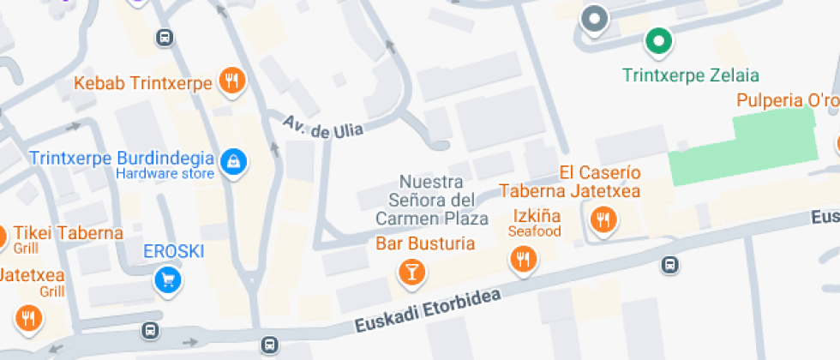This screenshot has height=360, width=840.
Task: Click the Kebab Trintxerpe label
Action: click(142, 84)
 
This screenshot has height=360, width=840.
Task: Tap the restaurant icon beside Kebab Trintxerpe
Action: click(231, 81)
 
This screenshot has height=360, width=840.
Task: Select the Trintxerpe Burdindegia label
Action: click(121, 158)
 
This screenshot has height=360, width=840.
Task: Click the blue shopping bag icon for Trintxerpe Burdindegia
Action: click(232, 160)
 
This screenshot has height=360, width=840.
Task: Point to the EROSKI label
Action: click(173, 252)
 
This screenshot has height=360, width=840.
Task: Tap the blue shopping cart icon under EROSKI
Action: click(168, 279)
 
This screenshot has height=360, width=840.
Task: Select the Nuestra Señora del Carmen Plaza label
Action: click(432, 200)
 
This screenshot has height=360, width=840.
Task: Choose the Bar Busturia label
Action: click(425, 243)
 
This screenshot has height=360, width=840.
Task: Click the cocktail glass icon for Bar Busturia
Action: click(412, 273)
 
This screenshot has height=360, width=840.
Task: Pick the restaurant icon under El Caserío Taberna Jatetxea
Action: click(603, 220)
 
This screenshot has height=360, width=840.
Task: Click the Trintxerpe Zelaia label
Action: click(691, 75)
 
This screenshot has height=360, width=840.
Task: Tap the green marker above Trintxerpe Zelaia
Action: click(658, 40)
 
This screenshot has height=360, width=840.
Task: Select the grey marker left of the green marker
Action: click(594, 18)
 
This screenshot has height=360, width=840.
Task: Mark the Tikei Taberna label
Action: click(68, 233)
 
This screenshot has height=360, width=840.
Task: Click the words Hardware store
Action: click(165, 175)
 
